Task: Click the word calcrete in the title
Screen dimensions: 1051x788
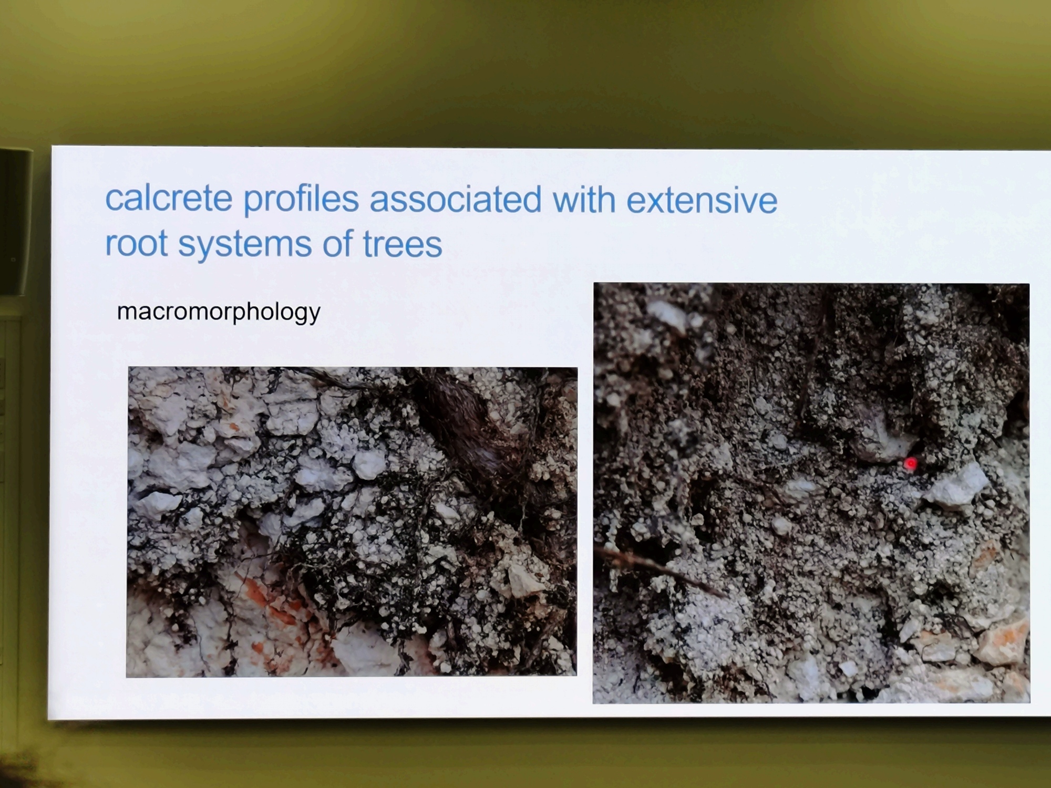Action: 169,198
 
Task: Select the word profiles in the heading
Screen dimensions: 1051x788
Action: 301,200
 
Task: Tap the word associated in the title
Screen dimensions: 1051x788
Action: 456,199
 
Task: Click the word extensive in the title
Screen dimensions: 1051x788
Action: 702,200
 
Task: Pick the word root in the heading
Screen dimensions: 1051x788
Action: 136,244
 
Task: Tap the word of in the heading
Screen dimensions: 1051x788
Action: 337,244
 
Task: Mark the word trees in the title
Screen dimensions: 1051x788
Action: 403,245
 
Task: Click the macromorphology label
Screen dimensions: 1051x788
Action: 219,312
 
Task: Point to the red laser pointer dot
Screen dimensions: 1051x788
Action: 910,464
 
